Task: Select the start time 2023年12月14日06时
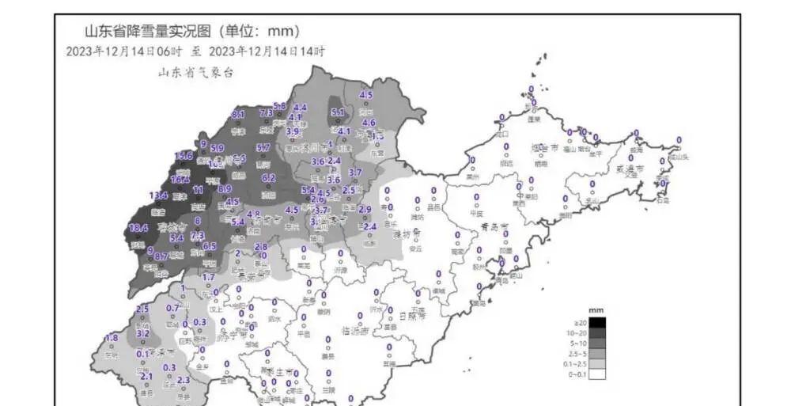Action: coord(125,52)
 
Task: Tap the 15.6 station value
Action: coord(184,155)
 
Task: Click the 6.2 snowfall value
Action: coord(268,178)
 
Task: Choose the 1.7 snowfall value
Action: coord(209,277)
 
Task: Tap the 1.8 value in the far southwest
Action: coord(112,338)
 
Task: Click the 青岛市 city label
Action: coord(495,226)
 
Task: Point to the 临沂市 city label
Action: coord(356,330)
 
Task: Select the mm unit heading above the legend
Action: coord(596,311)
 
